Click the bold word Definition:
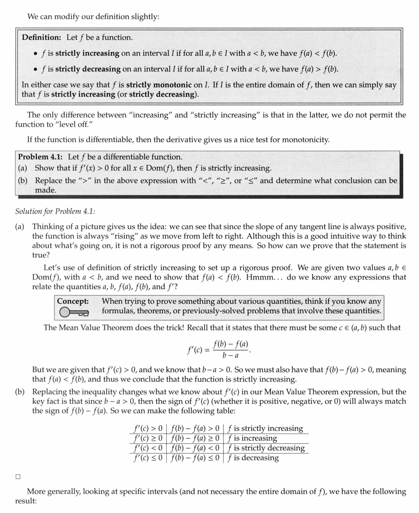(x=41, y=38)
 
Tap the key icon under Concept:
(x=73, y=311)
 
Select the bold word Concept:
(x=73, y=301)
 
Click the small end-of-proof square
(x=18, y=477)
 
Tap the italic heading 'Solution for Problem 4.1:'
(x=55, y=212)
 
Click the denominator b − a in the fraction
(x=230, y=356)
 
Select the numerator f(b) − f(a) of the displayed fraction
(x=231, y=344)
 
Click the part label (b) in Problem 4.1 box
(x=23, y=181)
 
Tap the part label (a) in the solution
(x=20, y=226)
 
